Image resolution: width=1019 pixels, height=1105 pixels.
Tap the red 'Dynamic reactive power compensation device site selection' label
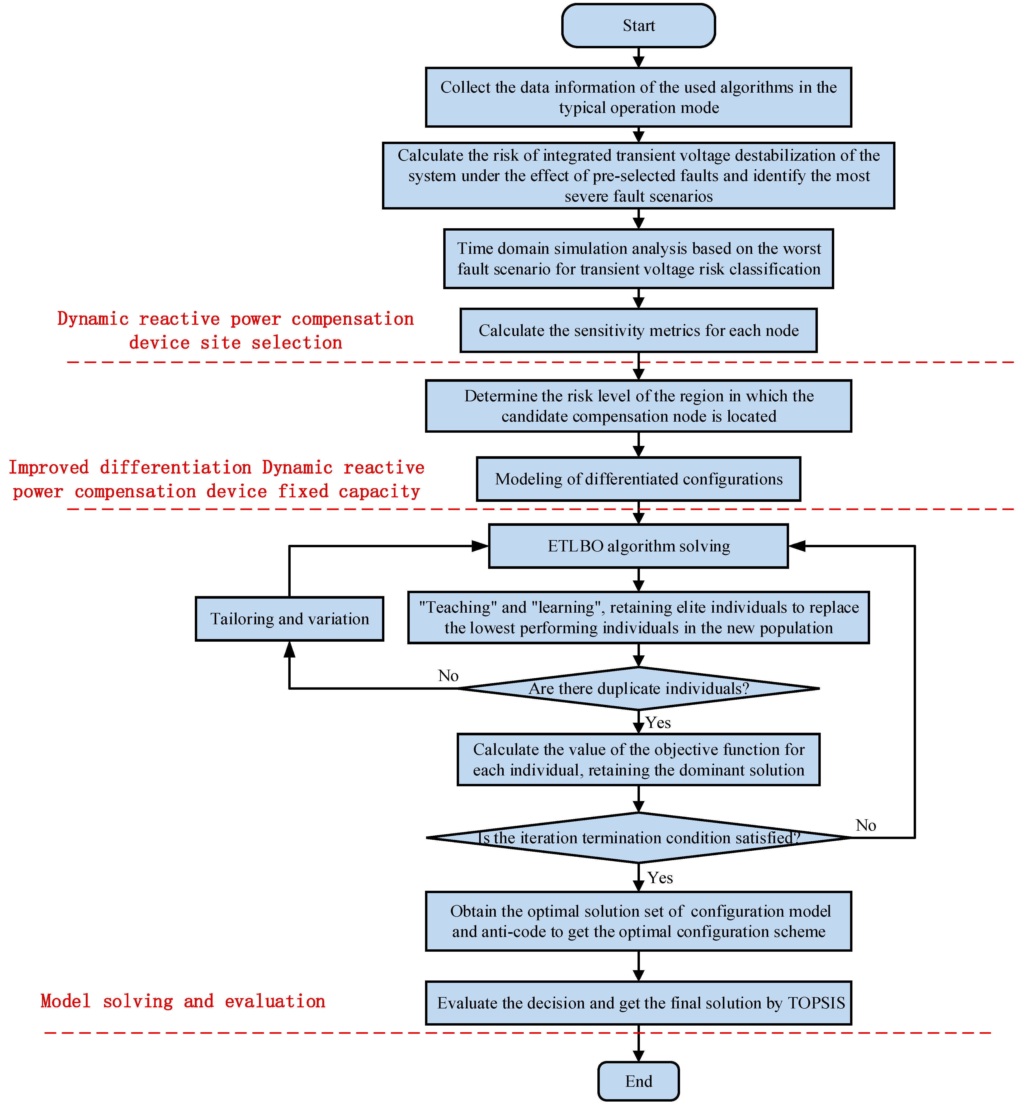pos(235,331)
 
